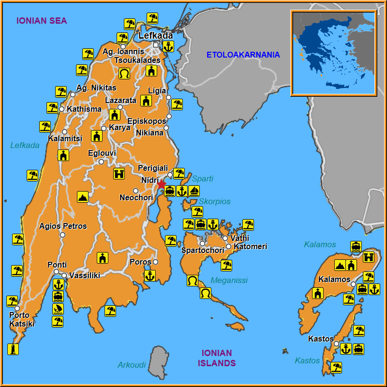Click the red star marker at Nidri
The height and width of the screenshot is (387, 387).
(x=161, y=184)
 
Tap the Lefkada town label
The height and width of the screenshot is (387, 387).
(x=155, y=36)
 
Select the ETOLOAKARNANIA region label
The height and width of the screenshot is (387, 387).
(x=243, y=55)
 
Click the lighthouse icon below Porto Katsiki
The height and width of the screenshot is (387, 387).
(x=13, y=349)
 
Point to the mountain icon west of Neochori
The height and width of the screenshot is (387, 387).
(x=83, y=197)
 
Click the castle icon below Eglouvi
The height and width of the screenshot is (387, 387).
(x=119, y=173)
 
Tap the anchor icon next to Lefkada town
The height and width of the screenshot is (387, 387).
(x=168, y=46)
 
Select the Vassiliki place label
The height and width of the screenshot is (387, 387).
(x=85, y=275)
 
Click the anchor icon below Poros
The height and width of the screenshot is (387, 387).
(x=150, y=276)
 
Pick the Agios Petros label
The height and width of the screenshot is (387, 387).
(x=63, y=226)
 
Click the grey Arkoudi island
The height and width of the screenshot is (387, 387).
(x=158, y=362)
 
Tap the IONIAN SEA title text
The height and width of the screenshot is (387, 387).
(x=42, y=21)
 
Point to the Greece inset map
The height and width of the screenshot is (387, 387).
(x=333, y=53)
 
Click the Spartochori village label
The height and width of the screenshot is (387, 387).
(x=203, y=251)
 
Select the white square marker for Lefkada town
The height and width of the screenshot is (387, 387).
(x=156, y=45)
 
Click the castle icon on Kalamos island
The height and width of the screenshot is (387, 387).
(x=369, y=257)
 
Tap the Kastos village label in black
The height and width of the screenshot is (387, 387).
(x=321, y=339)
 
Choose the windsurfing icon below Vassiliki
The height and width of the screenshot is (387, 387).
(x=58, y=309)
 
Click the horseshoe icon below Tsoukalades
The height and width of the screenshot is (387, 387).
(x=124, y=74)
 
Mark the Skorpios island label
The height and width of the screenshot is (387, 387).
(x=215, y=201)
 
